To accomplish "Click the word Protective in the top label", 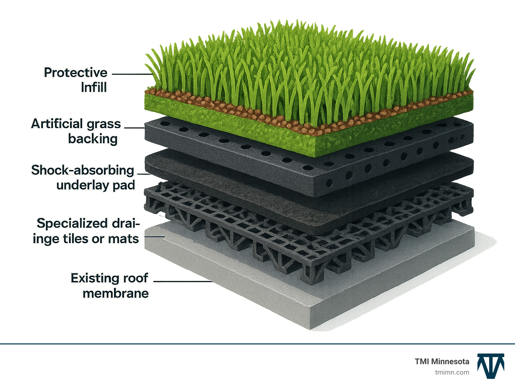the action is (x=75, y=73).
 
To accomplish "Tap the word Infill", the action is (x=94, y=87).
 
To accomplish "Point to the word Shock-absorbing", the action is (x=82, y=170).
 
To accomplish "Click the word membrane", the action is (x=116, y=293).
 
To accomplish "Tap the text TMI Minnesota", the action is (x=442, y=362).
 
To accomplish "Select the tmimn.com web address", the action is (x=452, y=373).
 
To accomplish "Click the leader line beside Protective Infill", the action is (x=133, y=74).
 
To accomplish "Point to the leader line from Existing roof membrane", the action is (x=183, y=281).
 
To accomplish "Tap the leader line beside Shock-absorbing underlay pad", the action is (x=144, y=174).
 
